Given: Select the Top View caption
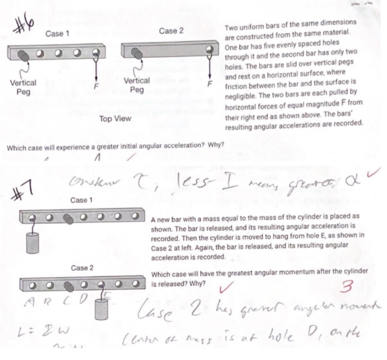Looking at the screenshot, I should [115, 119].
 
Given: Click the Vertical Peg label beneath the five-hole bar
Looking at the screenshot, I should [23, 87].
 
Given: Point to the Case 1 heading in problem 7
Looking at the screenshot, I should [79, 200].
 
